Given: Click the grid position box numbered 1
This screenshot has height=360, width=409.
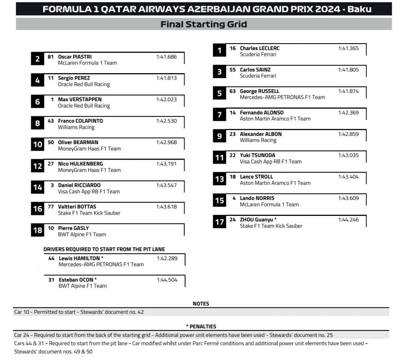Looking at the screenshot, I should (x=219, y=50).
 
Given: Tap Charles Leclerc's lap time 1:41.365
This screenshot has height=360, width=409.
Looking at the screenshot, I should (x=348, y=48).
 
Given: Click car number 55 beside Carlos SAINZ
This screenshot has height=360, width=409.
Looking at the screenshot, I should (x=232, y=70).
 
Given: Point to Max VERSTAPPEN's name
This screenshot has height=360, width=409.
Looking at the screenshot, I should (x=80, y=100).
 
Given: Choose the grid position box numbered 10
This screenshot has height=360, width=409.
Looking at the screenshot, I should (x=37, y=145).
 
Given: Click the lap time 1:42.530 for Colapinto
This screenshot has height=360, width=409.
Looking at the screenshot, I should (x=166, y=121).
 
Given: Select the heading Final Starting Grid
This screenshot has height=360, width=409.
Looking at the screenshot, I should (x=204, y=25).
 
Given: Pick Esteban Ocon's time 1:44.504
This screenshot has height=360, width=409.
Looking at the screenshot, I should (x=167, y=280).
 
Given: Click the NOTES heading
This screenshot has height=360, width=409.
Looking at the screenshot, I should (x=201, y=304).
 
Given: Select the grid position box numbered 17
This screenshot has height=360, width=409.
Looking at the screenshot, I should (x=219, y=222).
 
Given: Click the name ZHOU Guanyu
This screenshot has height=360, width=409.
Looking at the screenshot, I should (x=258, y=220).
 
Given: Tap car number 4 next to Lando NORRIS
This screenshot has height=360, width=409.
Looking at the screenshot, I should (x=234, y=198).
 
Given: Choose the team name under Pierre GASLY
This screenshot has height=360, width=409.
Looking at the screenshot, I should (x=82, y=235).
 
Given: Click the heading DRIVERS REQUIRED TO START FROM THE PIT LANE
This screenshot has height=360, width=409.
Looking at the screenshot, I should (x=104, y=249).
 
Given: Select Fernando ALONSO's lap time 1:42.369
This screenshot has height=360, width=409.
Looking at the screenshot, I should (x=348, y=113).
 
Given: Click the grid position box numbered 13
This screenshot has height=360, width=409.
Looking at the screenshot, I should (x=219, y=179).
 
